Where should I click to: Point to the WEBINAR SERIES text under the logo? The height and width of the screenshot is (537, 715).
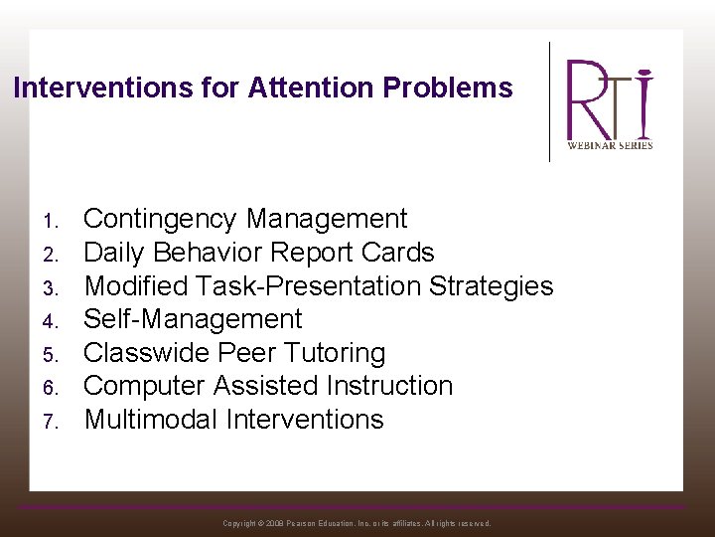click(610, 145)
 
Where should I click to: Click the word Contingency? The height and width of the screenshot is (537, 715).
click(161, 219)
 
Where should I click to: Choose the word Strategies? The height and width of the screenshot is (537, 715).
click(491, 285)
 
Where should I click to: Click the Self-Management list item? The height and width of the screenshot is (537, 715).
click(193, 319)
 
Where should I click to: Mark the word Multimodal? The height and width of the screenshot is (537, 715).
click(151, 420)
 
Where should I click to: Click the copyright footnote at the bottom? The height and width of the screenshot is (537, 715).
click(357, 523)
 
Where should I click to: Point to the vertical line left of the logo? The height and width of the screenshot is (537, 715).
click(550, 100)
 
